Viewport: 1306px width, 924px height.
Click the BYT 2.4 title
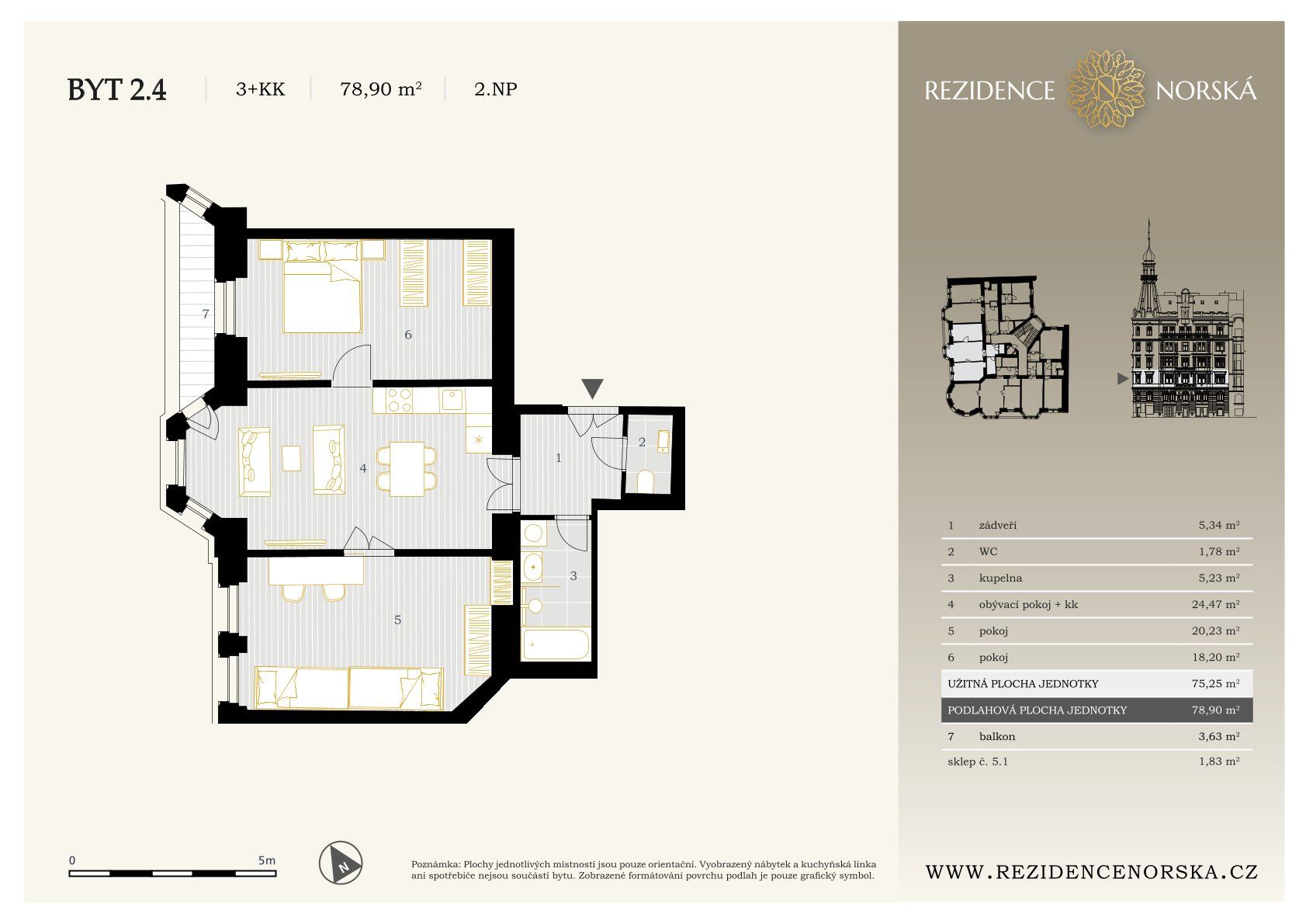116,90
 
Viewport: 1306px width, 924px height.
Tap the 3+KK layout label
260,89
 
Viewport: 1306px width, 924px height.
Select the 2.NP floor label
495,89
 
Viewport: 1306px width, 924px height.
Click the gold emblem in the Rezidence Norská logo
1106,89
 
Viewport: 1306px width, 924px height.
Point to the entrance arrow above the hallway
592,388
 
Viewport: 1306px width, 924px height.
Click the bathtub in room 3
555,644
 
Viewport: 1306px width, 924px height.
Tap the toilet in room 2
645,482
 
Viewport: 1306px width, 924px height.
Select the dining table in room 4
407,469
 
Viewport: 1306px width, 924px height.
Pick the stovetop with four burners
400,400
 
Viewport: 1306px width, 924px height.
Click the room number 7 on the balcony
205,314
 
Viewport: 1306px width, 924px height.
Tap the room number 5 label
397,620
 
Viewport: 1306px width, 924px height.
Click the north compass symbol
341,863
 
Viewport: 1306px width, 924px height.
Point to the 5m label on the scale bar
266,860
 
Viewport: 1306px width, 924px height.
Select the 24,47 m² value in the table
1215,604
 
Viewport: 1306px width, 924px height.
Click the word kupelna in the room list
1000,578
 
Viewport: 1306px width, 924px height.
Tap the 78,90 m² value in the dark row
1215,710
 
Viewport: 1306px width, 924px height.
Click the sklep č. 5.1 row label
978,761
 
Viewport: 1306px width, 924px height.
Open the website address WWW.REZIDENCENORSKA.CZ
1092,872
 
